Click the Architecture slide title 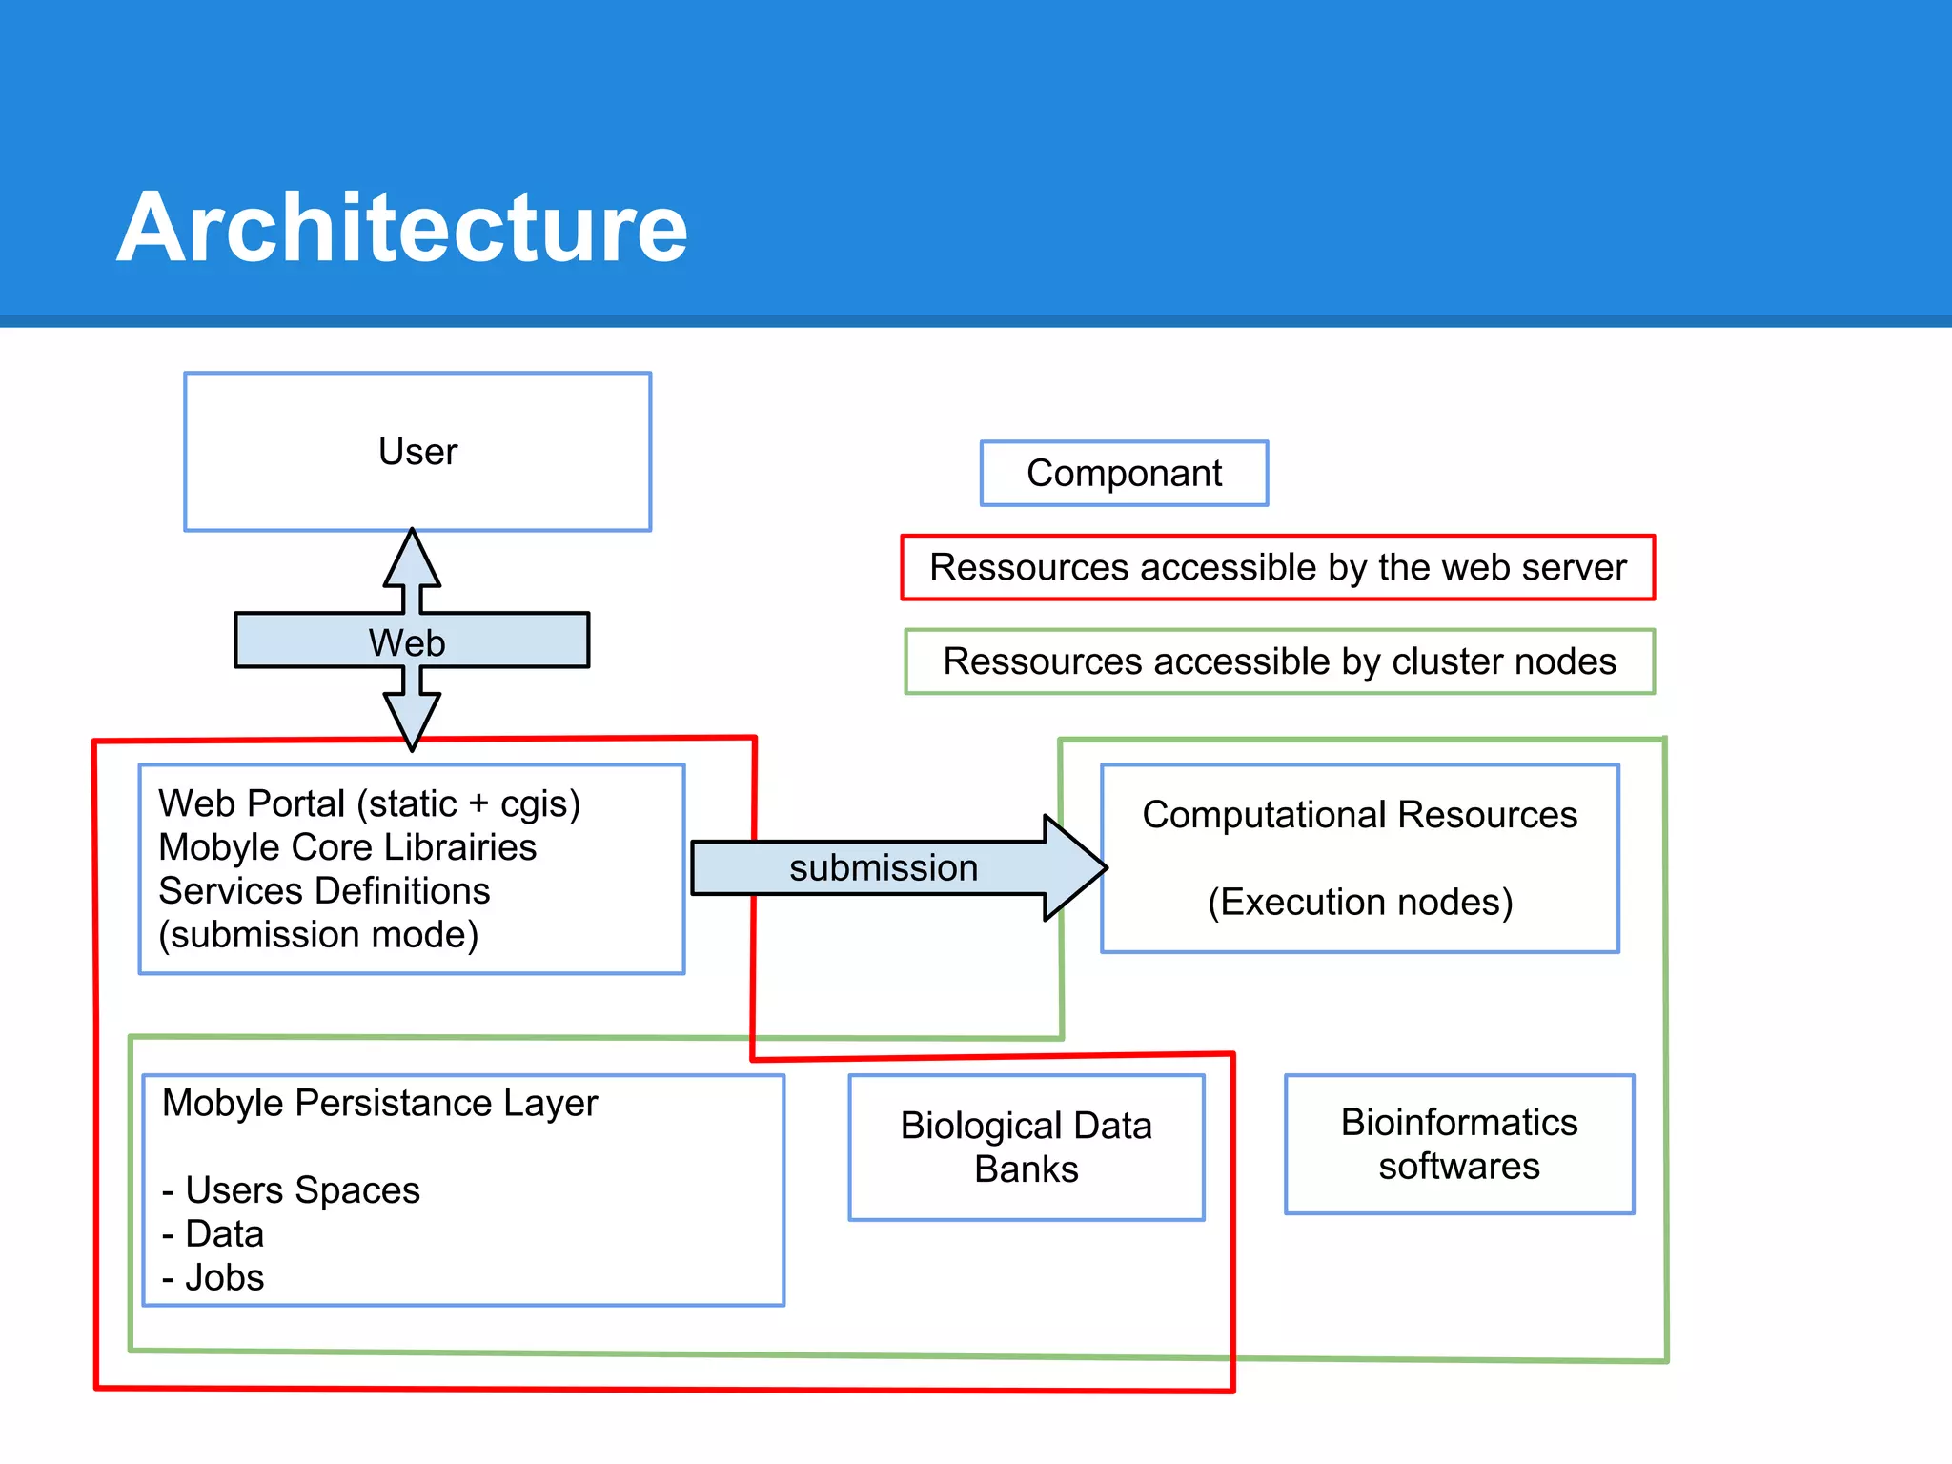(401, 228)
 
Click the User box (417, 452)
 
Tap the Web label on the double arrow (407, 642)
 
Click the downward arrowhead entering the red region (412, 721)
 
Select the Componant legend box (1124, 473)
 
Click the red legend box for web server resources (1277, 567)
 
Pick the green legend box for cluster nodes (1279, 661)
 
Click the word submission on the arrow (884, 867)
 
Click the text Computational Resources (1359, 815)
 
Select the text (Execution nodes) (1359, 902)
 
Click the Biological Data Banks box (1026, 1147)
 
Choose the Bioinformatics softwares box (1458, 1144)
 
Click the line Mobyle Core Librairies (347, 847)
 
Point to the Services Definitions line (324, 890)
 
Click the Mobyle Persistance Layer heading (379, 1103)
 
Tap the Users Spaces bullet (291, 1189)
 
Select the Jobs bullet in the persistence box (213, 1277)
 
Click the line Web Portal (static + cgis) (369, 803)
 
